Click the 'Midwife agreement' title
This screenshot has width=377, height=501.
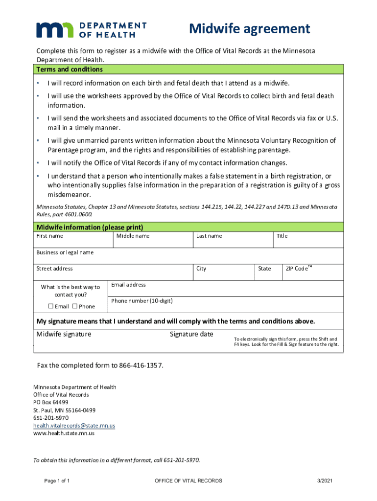coord(250,29)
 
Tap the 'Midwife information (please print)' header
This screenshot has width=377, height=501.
coord(90,227)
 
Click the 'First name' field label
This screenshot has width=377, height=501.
coord(49,236)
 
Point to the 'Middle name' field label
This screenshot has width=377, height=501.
coord(133,236)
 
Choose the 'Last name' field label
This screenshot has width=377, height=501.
coord(209,236)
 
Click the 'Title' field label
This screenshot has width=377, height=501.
coord(282,236)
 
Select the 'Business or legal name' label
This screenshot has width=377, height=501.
coord(65,252)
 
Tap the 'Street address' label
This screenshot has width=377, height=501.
coord(54,269)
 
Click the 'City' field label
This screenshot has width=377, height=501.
coord(201,269)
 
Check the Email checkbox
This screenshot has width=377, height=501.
coord(51,306)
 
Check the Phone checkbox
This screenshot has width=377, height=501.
coord(75,306)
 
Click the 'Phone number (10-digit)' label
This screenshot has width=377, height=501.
coord(141,300)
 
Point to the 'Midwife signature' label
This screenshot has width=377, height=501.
coord(64,334)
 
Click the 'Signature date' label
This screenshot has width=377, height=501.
coord(191,334)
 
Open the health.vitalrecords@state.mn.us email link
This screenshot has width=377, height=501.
coord(74,426)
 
